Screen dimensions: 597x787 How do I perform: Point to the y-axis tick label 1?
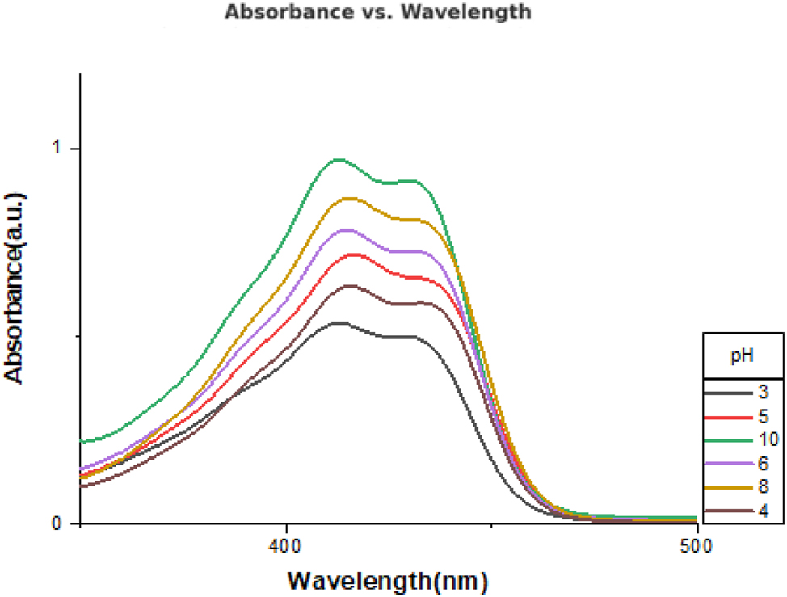click(x=57, y=149)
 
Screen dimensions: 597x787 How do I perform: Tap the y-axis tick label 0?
click(x=57, y=523)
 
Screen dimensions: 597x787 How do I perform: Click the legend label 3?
click(x=762, y=393)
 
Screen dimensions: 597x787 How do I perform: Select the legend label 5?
click(x=762, y=417)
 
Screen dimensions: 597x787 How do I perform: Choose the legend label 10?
click(x=762, y=440)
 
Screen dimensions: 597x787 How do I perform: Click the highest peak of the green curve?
click(x=338, y=160)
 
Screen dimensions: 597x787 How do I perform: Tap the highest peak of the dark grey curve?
click(x=339, y=323)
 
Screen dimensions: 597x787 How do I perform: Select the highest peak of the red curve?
click(x=351, y=254)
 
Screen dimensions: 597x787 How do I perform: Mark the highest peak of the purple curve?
click(x=348, y=230)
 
